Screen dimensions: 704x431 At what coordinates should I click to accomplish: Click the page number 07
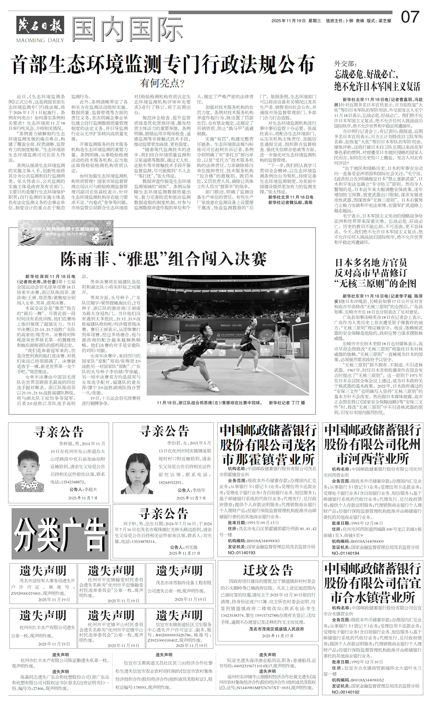pos(410,17)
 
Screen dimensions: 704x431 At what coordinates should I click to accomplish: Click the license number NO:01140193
pos(237,553)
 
